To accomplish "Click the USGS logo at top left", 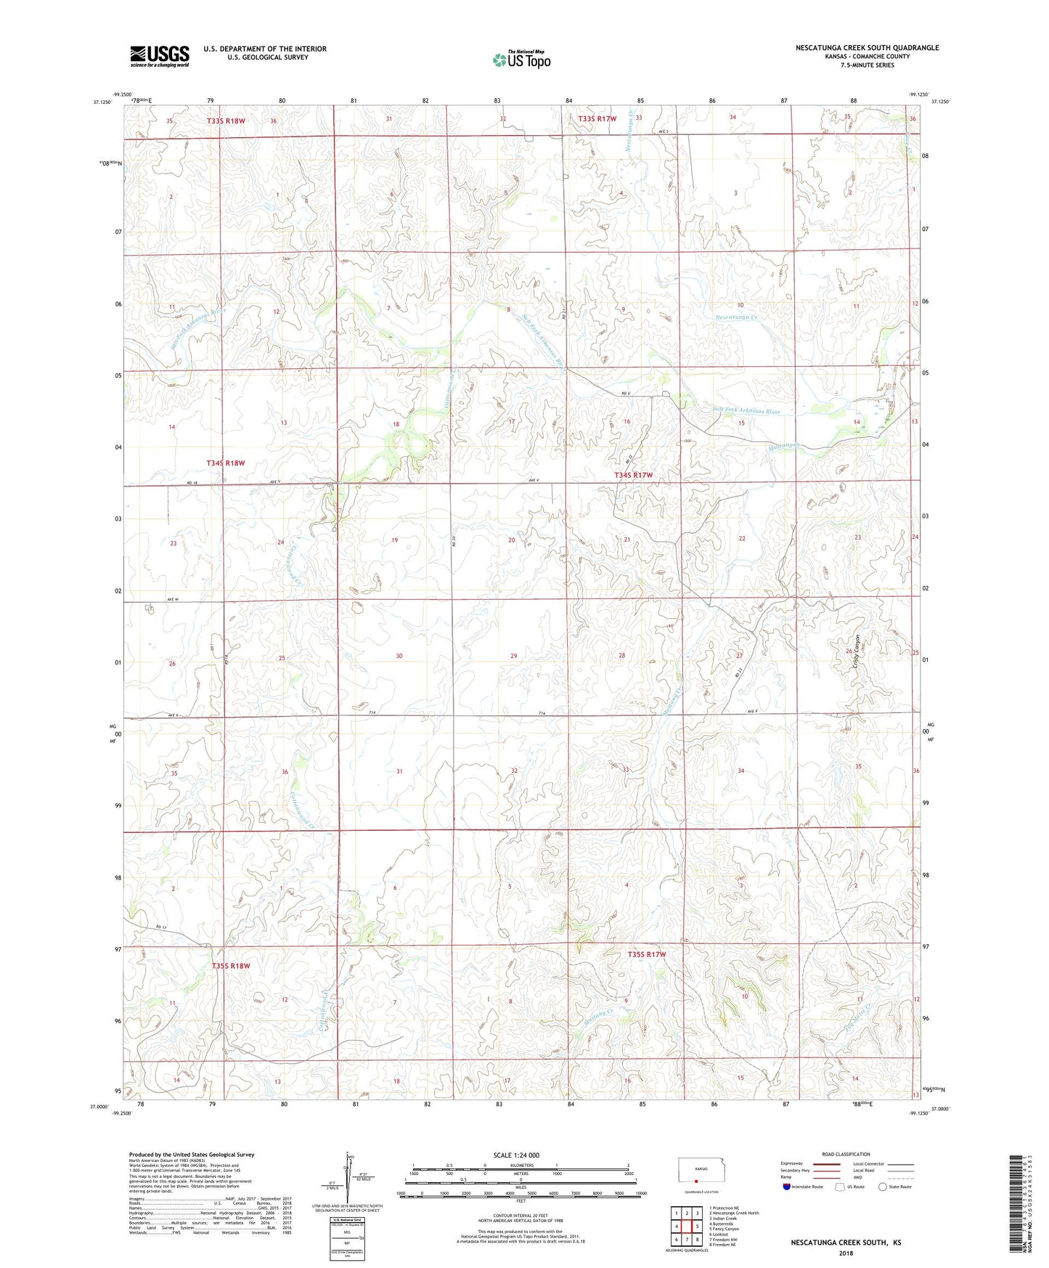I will (159, 56).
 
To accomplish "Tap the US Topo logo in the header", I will (521, 60).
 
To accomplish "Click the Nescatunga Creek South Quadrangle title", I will (867, 48).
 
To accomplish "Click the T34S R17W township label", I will (634, 475).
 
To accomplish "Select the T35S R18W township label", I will (231, 966).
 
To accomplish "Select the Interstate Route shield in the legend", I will (788, 1187).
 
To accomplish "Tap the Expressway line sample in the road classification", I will (827, 1163).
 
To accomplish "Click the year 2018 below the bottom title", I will (846, 1253).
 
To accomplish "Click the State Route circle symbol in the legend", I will (883, 1187).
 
